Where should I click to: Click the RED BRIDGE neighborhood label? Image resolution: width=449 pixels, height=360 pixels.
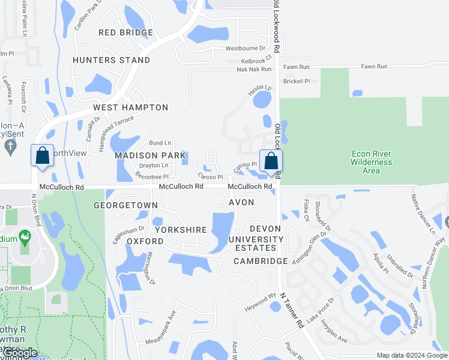(x=126, y=32)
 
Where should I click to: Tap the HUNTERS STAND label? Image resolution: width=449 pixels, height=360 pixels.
(x=112, y=60)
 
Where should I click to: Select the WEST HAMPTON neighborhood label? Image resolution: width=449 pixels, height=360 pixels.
(x=130, y=107)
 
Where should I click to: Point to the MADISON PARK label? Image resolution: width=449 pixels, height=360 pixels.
(x=150, y=155)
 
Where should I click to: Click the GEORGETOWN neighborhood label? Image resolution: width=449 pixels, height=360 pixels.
(x=125, y=205)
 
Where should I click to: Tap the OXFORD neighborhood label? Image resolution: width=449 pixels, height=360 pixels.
(x=145, y=241)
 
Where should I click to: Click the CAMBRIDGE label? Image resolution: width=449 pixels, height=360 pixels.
(x=261, y=261)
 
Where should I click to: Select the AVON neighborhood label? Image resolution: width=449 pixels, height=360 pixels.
(x=243, y=202)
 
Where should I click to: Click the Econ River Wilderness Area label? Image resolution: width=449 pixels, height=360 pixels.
(x=372, y=162)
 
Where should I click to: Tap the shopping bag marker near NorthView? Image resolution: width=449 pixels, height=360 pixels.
(x=43, y=157)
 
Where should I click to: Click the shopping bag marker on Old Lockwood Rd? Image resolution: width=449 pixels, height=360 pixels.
(x=271, y=161)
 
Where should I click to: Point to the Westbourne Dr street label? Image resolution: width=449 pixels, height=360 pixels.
(x=245, y=48)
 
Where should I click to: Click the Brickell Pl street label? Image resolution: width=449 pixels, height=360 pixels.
(x=297, y=81)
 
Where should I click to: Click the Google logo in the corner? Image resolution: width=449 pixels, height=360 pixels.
(x=20, y=353)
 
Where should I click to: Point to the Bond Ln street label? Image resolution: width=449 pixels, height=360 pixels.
(x=160, y=143)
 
